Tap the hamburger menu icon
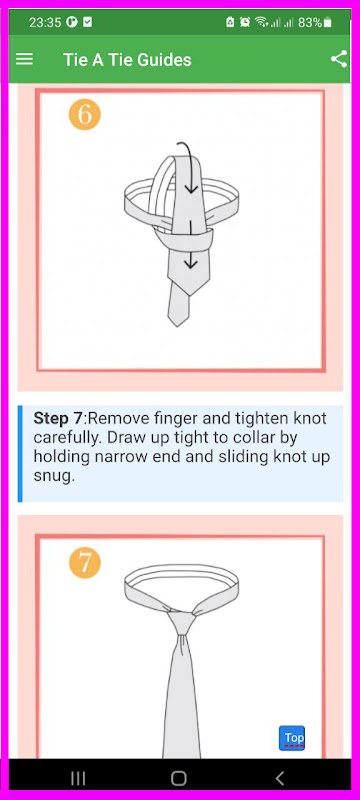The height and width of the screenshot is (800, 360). click(x=24, y=59)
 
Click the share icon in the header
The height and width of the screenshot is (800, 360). click(x=339, y=59)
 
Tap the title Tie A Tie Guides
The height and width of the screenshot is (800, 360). click(x=127, y=60)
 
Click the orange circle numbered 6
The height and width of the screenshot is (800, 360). click(x=85, y=114)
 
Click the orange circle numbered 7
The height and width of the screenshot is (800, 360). click(x=85, y=563)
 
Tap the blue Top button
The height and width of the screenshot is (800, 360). click(x=292, y=738)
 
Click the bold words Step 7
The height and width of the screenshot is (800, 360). click(x=57, y=419)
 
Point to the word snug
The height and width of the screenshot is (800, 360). click(x=54, y=477)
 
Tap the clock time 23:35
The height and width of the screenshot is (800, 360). click(x=45, y=22)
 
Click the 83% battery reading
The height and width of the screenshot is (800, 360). click(x=310, y=22)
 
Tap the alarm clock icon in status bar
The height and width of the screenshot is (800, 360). click(x=245, y=22)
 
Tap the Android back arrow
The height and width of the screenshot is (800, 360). click(x=279, y=778)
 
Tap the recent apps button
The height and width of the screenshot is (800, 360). click(x=78, y=778)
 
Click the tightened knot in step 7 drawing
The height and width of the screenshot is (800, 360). click(x=183, y=621)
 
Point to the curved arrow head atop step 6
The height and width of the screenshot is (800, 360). click(x=191, y=189)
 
